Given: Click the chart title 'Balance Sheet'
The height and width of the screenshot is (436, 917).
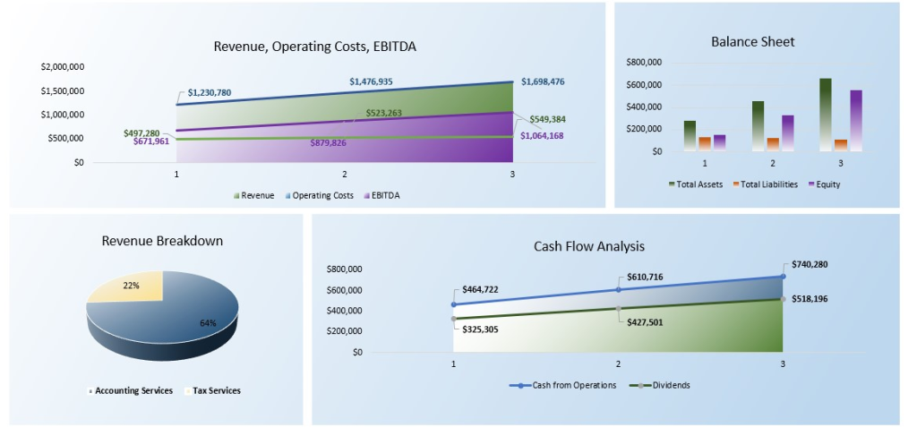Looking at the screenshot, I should pos(752,41).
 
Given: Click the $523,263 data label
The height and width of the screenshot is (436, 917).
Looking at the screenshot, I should pos(383,113).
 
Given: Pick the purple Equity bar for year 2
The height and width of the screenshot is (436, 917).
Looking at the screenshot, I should pos(788,133).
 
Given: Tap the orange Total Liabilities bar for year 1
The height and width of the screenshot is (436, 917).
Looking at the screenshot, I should pos(705,143).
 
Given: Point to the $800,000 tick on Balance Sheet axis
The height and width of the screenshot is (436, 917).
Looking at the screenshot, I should pos(643,63).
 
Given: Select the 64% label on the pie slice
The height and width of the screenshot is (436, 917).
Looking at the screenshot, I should pos(208,322).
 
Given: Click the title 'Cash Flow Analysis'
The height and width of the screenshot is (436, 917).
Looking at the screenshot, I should pos(588,246).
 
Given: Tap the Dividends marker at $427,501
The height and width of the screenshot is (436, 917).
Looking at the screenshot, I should pos(618,308).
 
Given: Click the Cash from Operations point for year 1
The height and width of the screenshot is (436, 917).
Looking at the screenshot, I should pos(453,304).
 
